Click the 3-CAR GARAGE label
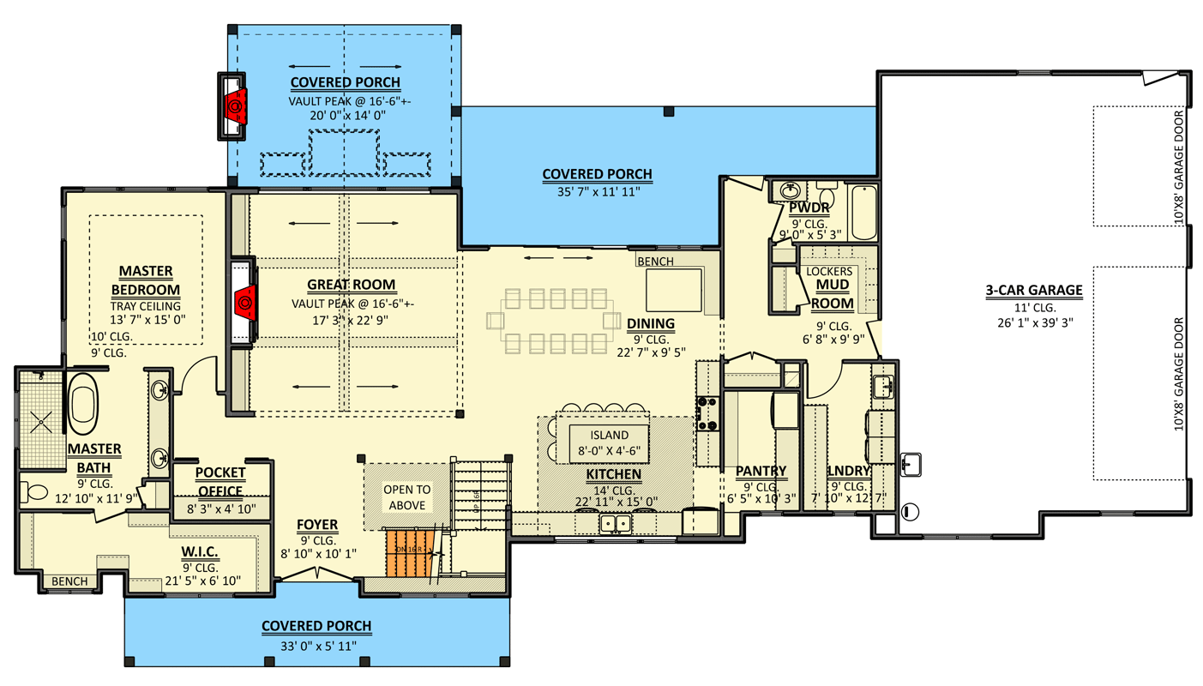(x=1033, y=291)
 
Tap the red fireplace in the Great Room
(x=244, y=303)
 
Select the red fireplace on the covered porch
(x=234, y=105)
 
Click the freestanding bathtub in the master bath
(x=82, y=404)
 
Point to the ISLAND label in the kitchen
(x=609, y=435)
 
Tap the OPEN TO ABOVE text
(x=407, y=497)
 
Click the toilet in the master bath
(x=36, y=493)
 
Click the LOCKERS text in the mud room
(x=830, y=271)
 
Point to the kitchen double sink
(x=616, y=522)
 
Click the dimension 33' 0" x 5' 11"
(x=316, y=645)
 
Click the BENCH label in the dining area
(x=655, y=262)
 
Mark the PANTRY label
(x=761, y=471)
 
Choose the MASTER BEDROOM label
(x=146, y=280)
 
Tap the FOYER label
(x=316, y=525)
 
